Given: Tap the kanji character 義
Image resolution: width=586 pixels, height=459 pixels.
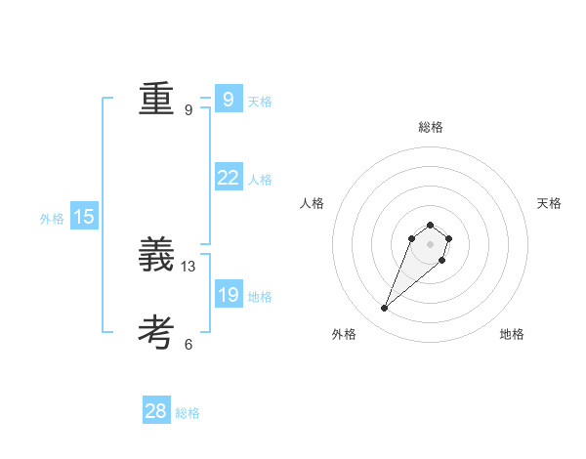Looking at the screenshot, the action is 156,255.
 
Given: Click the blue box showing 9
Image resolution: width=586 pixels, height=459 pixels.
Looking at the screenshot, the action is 228,99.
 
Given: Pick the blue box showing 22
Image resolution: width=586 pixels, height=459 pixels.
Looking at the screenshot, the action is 228,177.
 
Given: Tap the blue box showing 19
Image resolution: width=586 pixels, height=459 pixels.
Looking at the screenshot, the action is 228,294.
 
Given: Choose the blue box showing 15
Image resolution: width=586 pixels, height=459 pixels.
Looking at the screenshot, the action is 84,217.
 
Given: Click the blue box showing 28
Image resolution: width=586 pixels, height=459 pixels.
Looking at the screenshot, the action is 156,411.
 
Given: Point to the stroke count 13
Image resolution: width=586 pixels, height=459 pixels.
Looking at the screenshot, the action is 188,266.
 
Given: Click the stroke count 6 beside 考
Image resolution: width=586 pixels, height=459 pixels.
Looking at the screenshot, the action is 188,344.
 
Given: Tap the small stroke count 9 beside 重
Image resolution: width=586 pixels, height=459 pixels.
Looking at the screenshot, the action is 188,109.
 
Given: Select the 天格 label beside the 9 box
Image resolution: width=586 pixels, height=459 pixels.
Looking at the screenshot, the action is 260,101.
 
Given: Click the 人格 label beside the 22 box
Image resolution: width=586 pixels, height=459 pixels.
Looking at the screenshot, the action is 260,180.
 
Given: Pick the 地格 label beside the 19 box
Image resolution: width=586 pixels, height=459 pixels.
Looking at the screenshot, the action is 260,297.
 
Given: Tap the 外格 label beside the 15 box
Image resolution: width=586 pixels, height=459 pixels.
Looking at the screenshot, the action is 52,220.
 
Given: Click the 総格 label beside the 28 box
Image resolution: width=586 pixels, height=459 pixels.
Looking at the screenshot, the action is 188,414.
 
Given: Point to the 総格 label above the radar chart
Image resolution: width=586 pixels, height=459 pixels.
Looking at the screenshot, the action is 430,127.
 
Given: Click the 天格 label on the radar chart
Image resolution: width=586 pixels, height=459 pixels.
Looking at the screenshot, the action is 549,203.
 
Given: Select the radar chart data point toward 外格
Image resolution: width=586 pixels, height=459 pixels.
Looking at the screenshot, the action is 385,309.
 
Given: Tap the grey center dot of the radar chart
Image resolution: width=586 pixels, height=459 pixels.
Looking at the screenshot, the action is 430,244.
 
